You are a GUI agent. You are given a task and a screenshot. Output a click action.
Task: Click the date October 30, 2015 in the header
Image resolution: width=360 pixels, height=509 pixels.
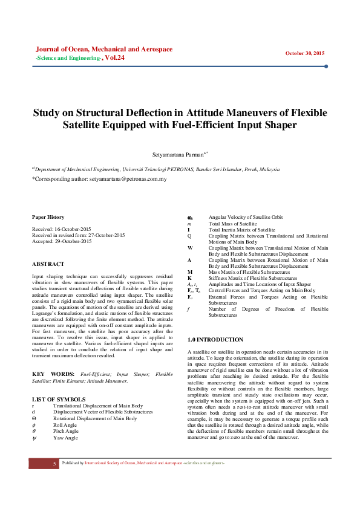coord(305,53)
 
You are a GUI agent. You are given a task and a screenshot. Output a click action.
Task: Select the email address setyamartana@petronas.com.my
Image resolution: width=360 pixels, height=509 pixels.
coord(128,180)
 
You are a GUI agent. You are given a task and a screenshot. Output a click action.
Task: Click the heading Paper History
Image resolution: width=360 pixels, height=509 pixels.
coord(48,217)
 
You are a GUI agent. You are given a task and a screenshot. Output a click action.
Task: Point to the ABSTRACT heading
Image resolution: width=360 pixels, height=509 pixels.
coord(48,264)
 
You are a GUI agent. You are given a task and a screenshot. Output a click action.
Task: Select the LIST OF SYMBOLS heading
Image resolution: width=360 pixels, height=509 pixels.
coord(59,399)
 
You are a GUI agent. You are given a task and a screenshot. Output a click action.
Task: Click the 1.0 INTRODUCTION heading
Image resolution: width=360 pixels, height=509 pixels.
coord(215,340)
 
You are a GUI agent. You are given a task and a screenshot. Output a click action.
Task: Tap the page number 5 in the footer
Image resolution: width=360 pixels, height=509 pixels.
coord(54,463)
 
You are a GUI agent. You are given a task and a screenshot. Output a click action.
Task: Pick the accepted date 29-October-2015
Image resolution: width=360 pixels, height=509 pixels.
coord(71,241)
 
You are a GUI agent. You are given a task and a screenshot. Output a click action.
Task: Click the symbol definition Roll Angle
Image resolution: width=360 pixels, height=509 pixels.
coord(66,424)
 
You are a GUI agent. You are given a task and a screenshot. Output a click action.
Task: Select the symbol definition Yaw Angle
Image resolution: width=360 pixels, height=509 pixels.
coord(66,438)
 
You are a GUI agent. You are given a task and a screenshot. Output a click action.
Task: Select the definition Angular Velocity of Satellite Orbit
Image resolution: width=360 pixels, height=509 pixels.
coord(245,217)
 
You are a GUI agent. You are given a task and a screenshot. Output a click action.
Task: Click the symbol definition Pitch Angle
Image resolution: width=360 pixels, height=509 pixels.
coord(67,431)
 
